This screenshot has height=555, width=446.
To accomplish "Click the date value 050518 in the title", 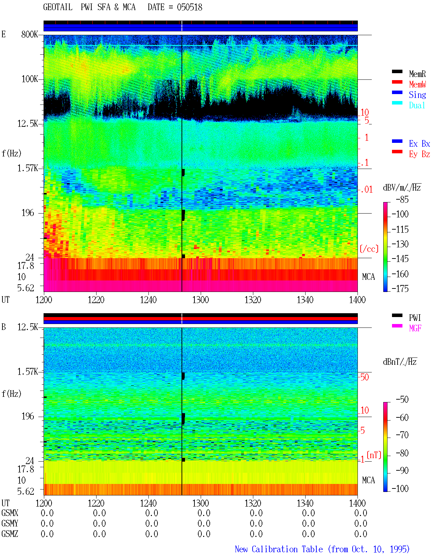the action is tap(189, 7).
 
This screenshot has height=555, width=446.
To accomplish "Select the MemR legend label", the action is tap(417, 74).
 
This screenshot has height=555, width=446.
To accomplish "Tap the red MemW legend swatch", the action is tap(397, 82).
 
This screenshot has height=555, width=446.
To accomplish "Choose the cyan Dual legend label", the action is tap(417, 105).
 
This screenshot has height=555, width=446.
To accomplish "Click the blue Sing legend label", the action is tap(417, 95).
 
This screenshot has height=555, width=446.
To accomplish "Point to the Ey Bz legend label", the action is tap(420, 154).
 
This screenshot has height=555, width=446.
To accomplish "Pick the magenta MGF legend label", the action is tap(415, 328).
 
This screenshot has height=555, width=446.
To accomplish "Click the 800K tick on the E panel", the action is tap(29, 34).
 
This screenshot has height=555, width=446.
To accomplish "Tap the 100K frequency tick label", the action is tap(30, 79).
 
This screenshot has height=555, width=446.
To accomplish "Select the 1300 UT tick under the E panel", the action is tap(200, 300).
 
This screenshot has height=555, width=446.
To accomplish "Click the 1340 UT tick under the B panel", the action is tap(305, 503).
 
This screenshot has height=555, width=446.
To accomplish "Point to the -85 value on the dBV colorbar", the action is tap(402, 200).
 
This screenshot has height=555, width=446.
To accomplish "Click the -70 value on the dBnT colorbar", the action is tap(402, 435).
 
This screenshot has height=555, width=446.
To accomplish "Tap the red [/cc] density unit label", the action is tap(369, 249).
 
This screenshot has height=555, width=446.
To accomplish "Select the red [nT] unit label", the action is tap(374, 455).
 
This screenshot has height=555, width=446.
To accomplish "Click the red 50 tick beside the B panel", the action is tap(364, 377).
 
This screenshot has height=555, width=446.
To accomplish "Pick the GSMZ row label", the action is tap(10, 534).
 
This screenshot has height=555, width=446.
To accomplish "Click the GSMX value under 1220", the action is tap(99, 513).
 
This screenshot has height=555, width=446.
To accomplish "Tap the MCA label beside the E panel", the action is tap(368, 277).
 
